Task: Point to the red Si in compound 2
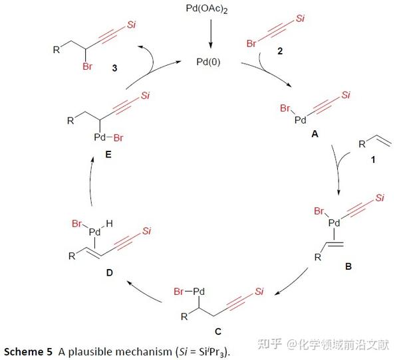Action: pyautogui.click(x=301, y=18)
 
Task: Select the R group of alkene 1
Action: pyautogui.click(x=361, y=144)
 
